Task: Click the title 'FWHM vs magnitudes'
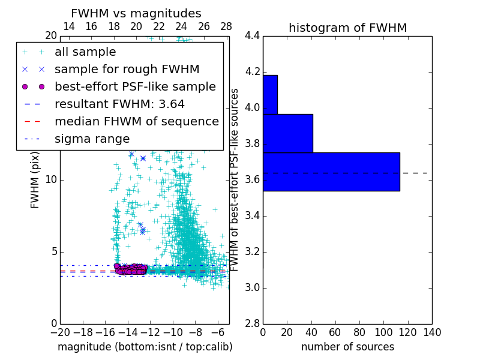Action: [136, 14]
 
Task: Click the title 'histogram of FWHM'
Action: [347, 28]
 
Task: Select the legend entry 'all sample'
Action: [85, 52]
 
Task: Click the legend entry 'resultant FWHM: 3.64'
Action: [119, 104]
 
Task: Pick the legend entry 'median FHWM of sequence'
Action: [136, 121]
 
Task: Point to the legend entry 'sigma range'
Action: [92, 139]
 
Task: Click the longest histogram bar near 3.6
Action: [331, 172]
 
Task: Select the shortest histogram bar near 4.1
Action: [270, 94]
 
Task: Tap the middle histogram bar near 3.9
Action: [287, 133]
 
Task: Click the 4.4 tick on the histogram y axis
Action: [252, 36]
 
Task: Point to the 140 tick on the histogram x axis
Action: [432, 332]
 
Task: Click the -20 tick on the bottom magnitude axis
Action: [60, 332]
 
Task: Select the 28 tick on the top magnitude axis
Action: [226, 26]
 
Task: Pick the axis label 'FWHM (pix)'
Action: [35, 180]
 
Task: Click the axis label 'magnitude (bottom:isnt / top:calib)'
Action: [145, 347]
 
